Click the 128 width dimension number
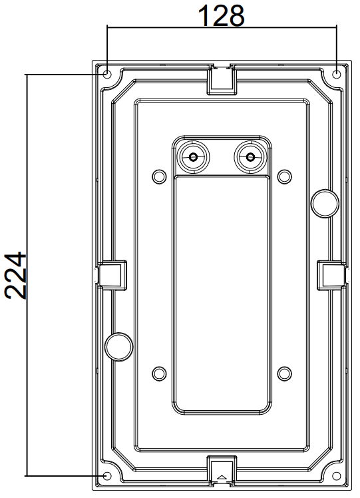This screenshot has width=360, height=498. coord(222,15)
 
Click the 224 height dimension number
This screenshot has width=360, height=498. coord(15,276)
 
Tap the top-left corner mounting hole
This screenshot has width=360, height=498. coord(107,75)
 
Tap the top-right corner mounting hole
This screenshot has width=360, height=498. coord(337,75)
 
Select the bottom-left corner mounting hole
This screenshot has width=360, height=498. coord(107,476)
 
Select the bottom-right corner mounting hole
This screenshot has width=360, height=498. coord(337,476)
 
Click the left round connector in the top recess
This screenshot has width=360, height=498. coord(193,157)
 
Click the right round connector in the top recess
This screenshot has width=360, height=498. coord(250,157)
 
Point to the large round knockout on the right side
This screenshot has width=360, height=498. coord(325,204)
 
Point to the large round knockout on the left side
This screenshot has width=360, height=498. coord(118,347)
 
